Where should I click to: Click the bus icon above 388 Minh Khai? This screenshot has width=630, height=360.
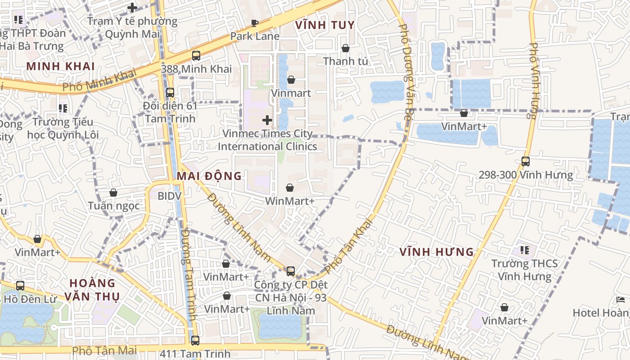coord(196,56)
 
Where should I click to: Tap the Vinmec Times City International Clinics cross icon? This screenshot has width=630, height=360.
coord(267,120)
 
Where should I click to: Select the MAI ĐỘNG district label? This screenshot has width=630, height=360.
coord(209,176)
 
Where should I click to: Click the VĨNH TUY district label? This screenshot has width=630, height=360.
coord(325,25)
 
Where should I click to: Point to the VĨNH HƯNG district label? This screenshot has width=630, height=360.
coord(437,252)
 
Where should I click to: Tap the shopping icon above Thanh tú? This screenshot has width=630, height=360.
coord(346,48)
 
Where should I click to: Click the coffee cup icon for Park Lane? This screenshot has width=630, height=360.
coord(255,23)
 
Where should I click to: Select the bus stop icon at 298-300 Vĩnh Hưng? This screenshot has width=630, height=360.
coord(526,161)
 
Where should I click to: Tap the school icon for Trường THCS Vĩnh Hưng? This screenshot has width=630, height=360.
coord(524,250)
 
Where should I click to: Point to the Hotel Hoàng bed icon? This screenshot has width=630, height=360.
coord(621,299)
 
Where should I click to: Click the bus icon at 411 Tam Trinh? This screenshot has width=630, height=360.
coord(195,341)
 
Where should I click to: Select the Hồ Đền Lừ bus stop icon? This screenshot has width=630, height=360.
coord(20,286)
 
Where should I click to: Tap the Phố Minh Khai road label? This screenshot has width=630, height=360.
coord(99,81)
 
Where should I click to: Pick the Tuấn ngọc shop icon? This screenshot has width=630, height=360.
coord(113,193)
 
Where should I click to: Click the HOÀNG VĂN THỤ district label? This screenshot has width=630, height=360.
coord(92,290)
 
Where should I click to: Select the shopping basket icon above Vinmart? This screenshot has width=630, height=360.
coord(291,80)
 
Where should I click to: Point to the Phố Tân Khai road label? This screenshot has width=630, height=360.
coord(349,246)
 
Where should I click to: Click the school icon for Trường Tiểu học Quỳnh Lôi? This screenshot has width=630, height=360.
coord(63,108)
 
